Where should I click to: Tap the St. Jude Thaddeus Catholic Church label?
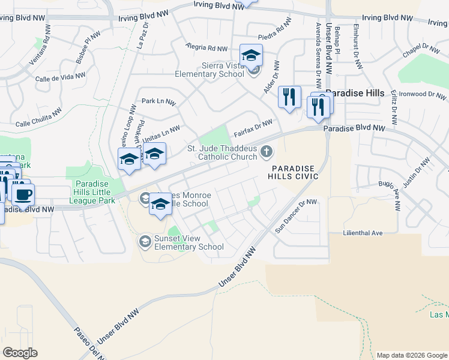[x=223, y=152]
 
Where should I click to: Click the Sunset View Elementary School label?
[x=188, y=242]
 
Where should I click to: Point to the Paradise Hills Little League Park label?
[x=94, y=192]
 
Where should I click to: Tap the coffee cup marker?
[x=23, y=194]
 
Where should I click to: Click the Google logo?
[x=20, y=353]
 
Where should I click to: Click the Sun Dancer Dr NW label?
[x=295, y=216]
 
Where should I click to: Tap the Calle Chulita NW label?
[x=38, y=118]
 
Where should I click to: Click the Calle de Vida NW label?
[x=59, y=77]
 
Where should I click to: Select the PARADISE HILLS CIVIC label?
[x=294, y=172]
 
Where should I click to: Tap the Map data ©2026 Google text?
[x=411, y=355]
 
